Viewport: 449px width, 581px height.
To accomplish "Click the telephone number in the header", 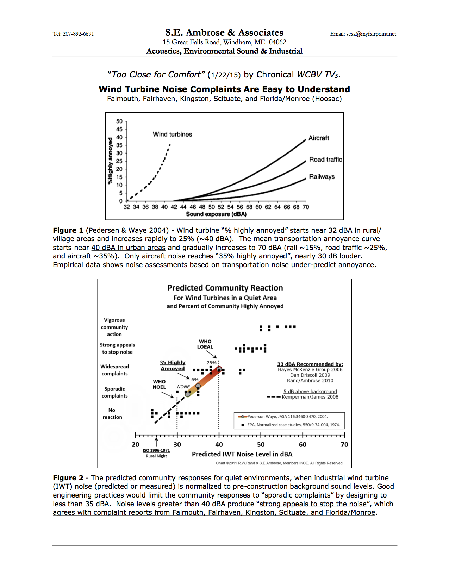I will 73,34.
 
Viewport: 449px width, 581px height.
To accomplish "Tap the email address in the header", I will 363,34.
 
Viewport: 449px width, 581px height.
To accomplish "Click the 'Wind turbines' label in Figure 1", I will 173,134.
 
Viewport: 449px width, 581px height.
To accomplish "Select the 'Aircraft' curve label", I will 319,138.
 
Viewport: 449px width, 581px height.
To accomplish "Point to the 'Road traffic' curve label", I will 325,160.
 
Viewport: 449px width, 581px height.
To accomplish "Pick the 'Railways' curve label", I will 322,177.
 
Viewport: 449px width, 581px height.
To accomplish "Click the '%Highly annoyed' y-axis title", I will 110,161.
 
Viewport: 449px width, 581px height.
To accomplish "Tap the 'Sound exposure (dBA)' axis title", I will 216,214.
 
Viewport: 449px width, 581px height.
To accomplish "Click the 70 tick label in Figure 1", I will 306,207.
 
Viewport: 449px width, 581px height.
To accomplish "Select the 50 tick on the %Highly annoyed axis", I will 119,121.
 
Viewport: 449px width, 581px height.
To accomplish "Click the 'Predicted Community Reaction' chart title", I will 225,288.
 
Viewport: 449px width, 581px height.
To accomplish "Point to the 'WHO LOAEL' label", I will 205,344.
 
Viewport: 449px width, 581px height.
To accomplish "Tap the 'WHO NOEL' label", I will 159,384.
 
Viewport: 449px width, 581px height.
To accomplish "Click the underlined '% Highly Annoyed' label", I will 173,366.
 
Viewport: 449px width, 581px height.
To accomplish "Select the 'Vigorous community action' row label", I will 114,327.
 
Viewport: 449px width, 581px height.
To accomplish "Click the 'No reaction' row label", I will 112,413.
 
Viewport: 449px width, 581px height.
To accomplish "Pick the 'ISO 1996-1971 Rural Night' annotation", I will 156,453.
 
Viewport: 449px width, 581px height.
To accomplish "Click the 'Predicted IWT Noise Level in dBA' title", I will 242,454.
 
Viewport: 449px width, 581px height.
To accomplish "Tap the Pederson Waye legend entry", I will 287,417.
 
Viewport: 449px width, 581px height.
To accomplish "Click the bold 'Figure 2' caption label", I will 68,478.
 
